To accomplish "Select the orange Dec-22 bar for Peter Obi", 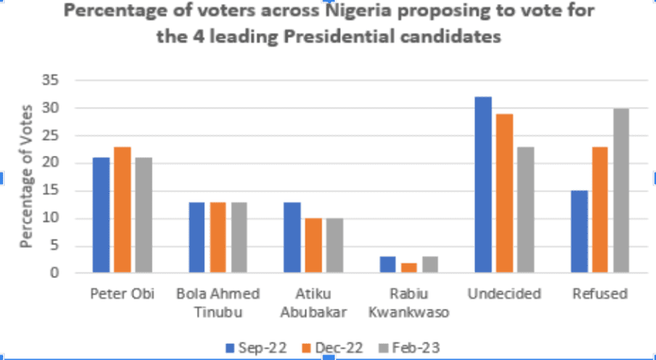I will click(123, 210).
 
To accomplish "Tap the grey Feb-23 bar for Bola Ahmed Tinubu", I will click(239, 237).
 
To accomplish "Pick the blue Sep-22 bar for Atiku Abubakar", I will click(293, 237).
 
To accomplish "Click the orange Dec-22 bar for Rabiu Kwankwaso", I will click(408, 268).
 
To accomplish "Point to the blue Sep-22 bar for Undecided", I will click(482, 185).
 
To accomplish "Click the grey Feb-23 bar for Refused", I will click(621, 190).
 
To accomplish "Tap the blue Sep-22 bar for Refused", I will click(579, 231).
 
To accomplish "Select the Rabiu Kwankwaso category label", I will click(408, 302).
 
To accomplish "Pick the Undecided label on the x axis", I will click(502, 293).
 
